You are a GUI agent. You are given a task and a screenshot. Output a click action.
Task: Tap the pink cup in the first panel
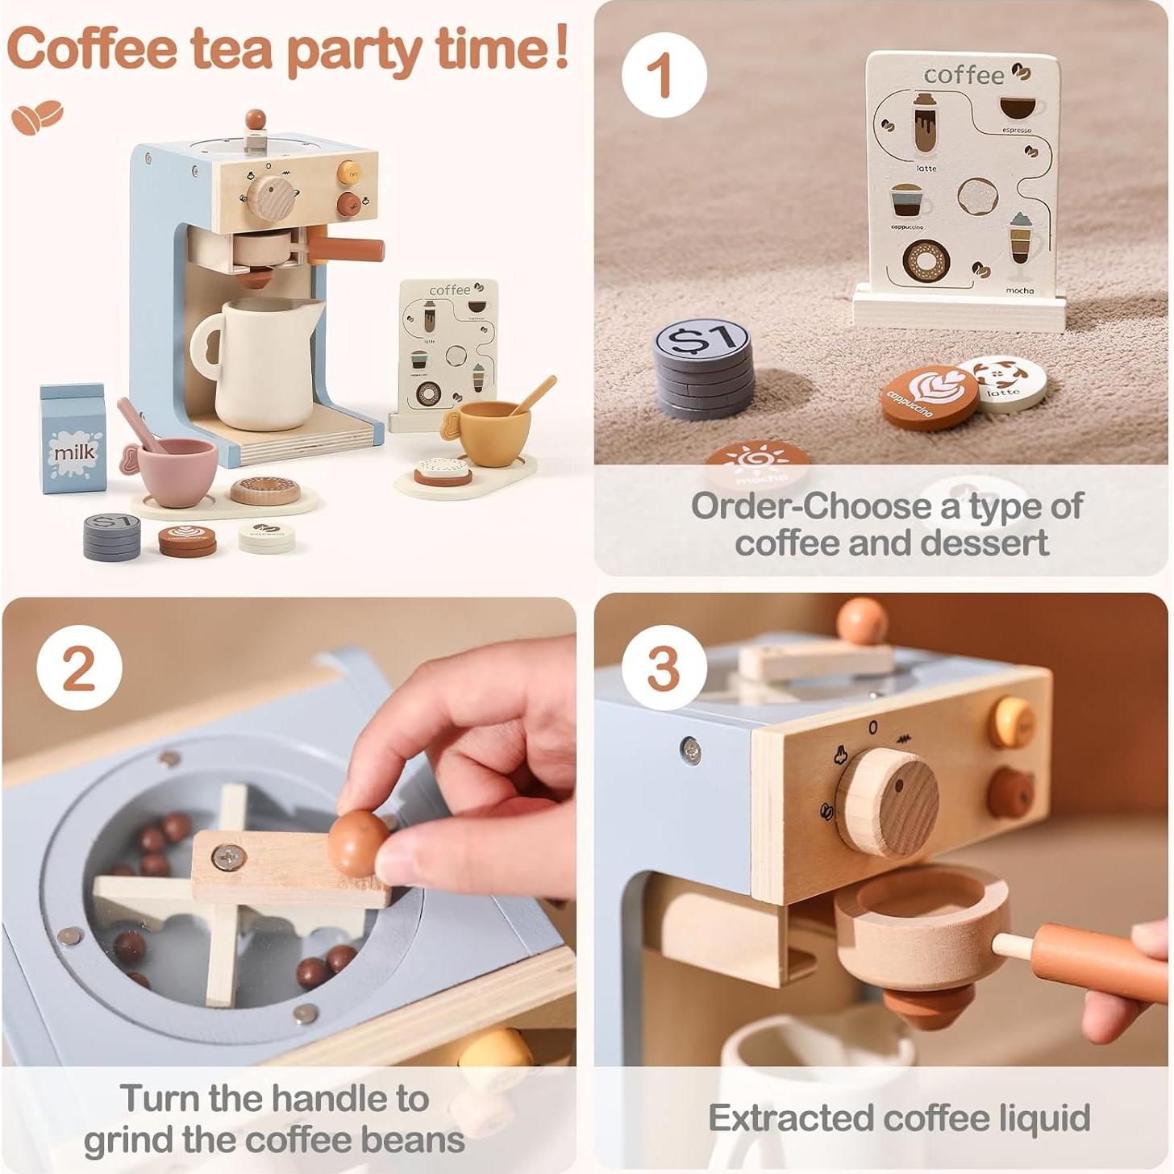(x=176, y=472)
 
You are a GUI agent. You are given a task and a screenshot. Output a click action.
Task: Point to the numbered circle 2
(x=79, y=668)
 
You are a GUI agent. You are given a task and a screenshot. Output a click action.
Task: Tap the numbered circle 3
(x=664, y=668)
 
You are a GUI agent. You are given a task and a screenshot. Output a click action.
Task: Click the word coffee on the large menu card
(x=964, y=75)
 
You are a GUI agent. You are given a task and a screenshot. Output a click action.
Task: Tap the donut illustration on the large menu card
(x=926, y=260)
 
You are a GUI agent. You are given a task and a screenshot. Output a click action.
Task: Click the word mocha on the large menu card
(x=1019, y=289)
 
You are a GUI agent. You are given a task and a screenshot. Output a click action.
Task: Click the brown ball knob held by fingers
(x=356, y=843)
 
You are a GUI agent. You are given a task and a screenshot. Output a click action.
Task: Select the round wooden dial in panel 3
(x=888, y=802)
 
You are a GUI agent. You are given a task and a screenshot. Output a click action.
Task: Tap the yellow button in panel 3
(x=1012, y=722)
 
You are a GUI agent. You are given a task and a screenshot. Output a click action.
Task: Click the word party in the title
(x=356, y=50)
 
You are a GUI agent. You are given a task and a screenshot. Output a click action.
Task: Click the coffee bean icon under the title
(x=37, y=117)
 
